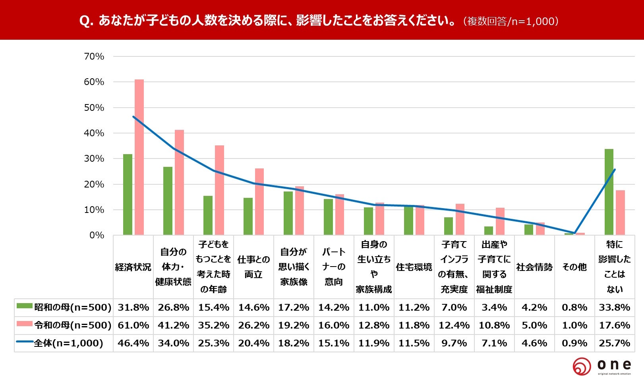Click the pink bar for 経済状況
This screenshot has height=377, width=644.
point(139,157)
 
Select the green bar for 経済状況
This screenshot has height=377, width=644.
point(128,195)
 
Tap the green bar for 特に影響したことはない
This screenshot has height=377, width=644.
point(609,192)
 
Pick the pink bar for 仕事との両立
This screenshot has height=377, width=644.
point(259,202)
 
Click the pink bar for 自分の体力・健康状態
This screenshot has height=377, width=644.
point(180,183)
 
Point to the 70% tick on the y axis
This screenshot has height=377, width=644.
point(94,56)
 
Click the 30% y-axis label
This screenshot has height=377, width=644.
point(94,159)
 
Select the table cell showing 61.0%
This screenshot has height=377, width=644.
point(133,325)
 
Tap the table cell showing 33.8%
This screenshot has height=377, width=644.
point(615,307)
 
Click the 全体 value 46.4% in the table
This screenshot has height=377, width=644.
point(133,343)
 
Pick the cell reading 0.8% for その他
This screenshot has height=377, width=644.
point(574,307)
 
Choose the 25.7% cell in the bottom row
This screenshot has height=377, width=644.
point(615,343)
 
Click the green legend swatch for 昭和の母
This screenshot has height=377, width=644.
point(25,306)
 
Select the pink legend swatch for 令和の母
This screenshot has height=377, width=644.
point(25,323)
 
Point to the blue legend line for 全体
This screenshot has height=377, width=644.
point(25,342)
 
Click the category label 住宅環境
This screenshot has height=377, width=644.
point(414,267)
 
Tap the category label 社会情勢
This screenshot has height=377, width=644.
point(534,267)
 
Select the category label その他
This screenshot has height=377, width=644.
point(574,267)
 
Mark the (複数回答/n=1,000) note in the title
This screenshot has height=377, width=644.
point(511,21)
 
